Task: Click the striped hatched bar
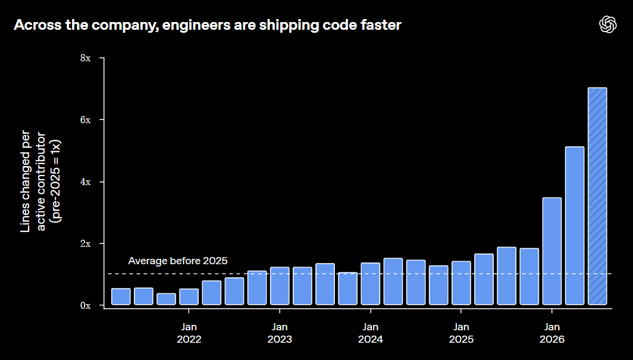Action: tap(597, 196)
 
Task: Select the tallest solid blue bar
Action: tap(575, 226)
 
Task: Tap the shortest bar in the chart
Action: tap(167, 299)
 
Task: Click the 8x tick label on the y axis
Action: tap(86, 58)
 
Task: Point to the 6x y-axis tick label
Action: tap(86, 120)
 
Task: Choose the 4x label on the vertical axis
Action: tap(86, 182)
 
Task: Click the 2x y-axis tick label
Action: tap(86, 244)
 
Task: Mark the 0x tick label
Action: tap(86, 306)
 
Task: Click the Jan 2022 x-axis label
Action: tap(189, 333)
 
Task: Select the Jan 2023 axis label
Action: tap(280, 333)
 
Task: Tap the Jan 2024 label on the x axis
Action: tap(371, 333)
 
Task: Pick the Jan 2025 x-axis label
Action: tap(461, 333)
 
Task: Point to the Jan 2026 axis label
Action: tap(552, 333)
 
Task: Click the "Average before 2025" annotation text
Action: tap(178, 261)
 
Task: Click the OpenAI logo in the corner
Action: tap(608, 24)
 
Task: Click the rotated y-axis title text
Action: tap(40, 181)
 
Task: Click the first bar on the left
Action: tap(121, 297)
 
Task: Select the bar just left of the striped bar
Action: tap(575, 226)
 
